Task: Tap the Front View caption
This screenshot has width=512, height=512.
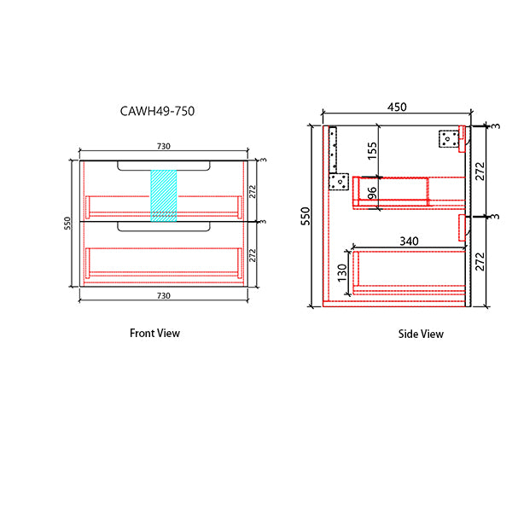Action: click(x=154, y=333)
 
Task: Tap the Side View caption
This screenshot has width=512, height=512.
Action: click(x=421, y=334)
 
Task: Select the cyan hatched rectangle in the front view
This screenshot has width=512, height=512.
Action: click(x=163, y=195)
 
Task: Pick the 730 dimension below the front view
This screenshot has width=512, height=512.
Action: click(x=162, y=295)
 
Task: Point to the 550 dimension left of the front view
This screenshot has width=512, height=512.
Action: click(x=66, y=224)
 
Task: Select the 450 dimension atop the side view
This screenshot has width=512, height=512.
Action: click(x=398, y=108)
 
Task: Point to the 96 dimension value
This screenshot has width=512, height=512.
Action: click(x=371, y=194)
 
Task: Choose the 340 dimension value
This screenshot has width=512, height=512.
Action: click(x=409, y=242)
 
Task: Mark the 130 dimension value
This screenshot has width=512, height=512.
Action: click(x=341, y=272)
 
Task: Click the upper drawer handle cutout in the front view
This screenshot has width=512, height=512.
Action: click(x=163, y=166)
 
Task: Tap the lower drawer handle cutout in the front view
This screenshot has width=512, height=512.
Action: click(x=163, y=227)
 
